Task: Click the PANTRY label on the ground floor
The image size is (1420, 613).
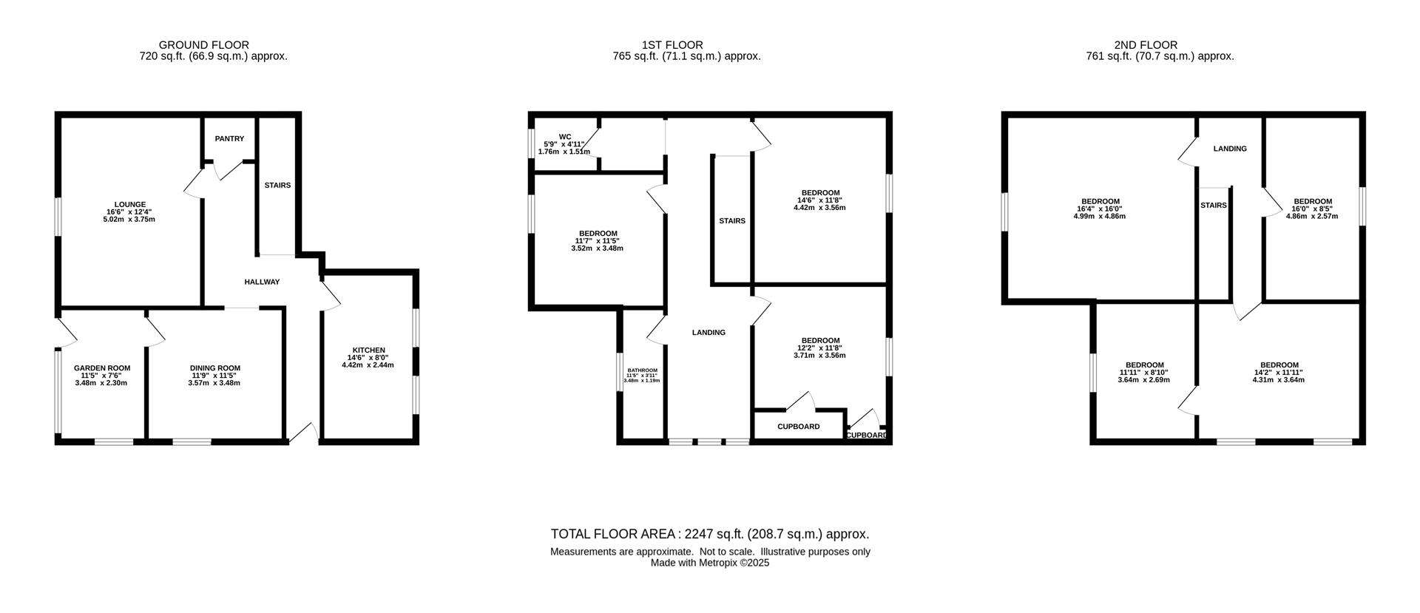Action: point(229,139)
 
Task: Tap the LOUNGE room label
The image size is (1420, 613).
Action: point(129,204)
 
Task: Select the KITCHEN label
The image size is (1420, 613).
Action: point(368,350)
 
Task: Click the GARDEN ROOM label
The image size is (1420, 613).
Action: point(102,368)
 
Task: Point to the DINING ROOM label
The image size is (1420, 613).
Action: point(215,368)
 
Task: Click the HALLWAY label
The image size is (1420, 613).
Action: point(263,282)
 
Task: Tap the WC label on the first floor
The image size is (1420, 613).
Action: point(565,137)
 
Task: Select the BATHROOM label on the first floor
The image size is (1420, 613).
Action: point(642,370)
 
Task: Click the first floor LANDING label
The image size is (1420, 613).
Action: point(709,333)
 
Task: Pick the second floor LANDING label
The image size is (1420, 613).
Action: point(1230,149)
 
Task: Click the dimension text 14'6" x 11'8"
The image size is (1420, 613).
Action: point(819,200)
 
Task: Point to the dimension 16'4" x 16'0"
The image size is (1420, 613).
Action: point(1100,209)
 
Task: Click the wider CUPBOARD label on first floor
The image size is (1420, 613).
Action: point(799,427)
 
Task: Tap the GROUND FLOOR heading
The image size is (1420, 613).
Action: point(203,45)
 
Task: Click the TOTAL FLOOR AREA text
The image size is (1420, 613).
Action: point(709,534)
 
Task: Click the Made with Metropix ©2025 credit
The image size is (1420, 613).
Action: point(709,563)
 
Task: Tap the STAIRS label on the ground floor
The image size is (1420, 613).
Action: point(277,186)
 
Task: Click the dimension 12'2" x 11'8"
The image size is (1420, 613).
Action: point(819,348)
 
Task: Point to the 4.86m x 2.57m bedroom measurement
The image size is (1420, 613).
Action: point(1312,216)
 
